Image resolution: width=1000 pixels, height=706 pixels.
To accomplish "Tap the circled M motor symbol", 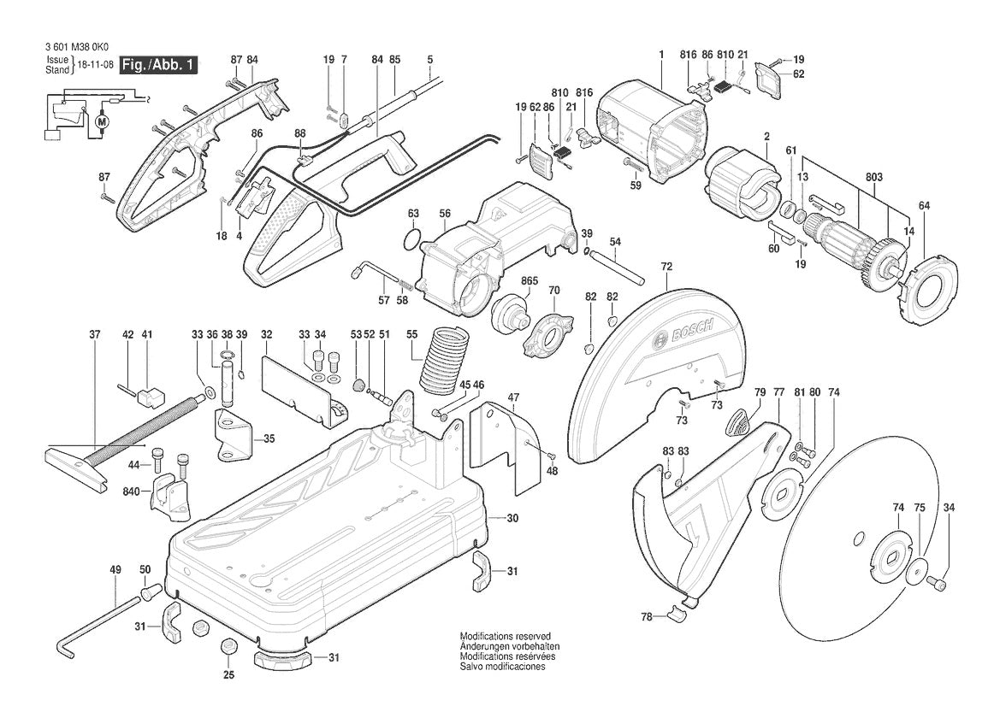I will point(104,122).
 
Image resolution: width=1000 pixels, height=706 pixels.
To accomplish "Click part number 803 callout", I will point(873,177).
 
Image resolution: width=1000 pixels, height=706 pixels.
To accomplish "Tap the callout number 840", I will point(131,492).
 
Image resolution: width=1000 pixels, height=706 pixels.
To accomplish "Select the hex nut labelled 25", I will point(228,646).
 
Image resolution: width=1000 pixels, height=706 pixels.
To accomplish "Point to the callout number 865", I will point(529,280).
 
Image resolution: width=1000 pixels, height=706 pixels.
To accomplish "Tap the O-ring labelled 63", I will point(413,238).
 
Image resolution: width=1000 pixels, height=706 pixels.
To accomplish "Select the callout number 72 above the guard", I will point(666,268).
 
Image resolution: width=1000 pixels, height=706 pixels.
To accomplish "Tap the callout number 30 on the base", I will point(512,518).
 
